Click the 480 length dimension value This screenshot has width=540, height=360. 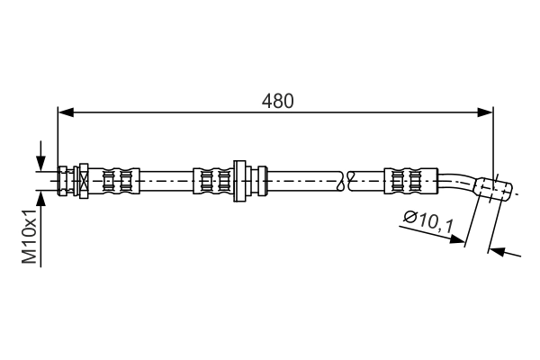278,102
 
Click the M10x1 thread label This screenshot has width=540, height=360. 30,237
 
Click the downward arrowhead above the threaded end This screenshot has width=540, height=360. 40,163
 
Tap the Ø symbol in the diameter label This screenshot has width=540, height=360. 409,216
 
